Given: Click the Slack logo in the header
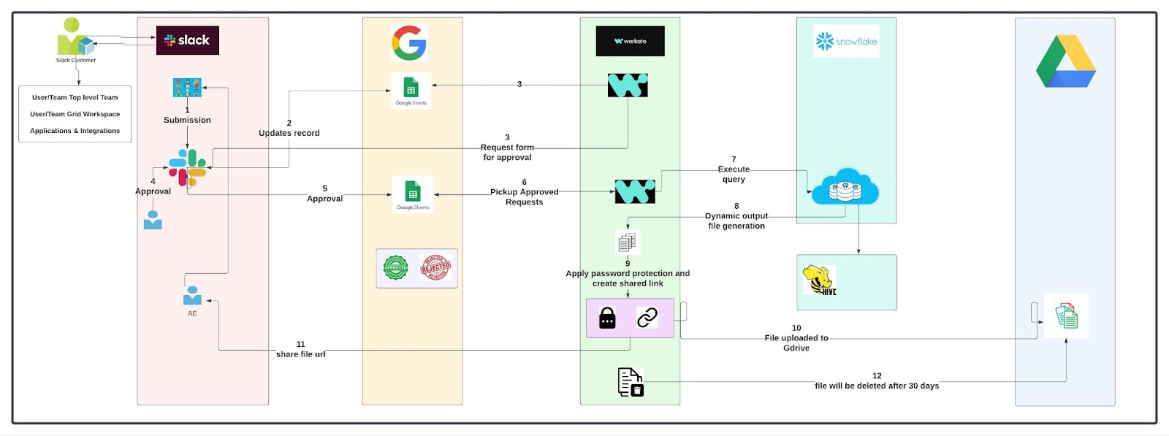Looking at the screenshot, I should point(187,40).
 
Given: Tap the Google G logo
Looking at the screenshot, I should point(409,42).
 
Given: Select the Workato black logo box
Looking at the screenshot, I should point(630,41).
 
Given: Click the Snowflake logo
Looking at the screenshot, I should point(846,42).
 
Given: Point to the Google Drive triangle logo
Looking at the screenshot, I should point(1065,63).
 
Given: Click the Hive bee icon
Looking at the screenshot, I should point(819,280).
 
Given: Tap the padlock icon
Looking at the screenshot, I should point(607,318).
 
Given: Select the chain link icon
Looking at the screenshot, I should point(647,318).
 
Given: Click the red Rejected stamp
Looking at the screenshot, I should point(435,268).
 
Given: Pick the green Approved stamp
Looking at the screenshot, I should point(396,268).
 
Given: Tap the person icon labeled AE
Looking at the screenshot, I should point(192,296).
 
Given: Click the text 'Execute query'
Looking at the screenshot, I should point(734,174).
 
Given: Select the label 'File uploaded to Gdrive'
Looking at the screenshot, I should point(796,343).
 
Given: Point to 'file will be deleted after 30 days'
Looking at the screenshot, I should point(877,386).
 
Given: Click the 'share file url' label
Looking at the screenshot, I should point(300,354).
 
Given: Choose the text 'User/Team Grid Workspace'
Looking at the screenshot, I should point(75,114).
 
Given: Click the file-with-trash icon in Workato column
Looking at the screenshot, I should point(631,382).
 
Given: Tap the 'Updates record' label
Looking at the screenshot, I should point(289,133).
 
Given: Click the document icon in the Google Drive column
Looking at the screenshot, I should point(1066,316).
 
